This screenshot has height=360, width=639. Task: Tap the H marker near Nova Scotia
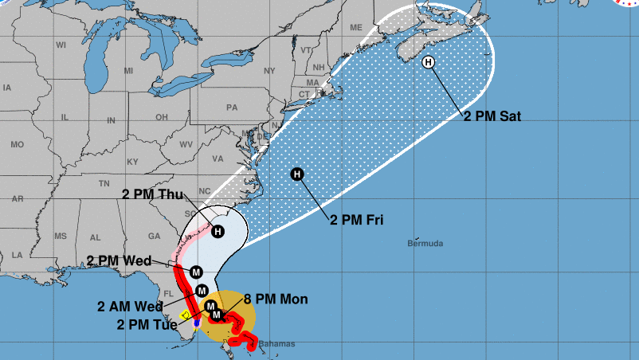(429, 63)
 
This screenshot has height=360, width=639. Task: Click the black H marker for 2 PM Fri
(297, 174)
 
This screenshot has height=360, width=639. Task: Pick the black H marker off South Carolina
(218, 231)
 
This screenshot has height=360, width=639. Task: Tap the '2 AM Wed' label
(131, 306)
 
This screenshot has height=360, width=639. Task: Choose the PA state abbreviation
(232, 107)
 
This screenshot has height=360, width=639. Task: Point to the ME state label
(355, 26)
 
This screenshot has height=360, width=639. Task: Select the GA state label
(155, 236)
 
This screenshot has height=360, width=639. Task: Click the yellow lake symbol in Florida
(186, 316)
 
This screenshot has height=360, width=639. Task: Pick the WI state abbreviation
(61, 45)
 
